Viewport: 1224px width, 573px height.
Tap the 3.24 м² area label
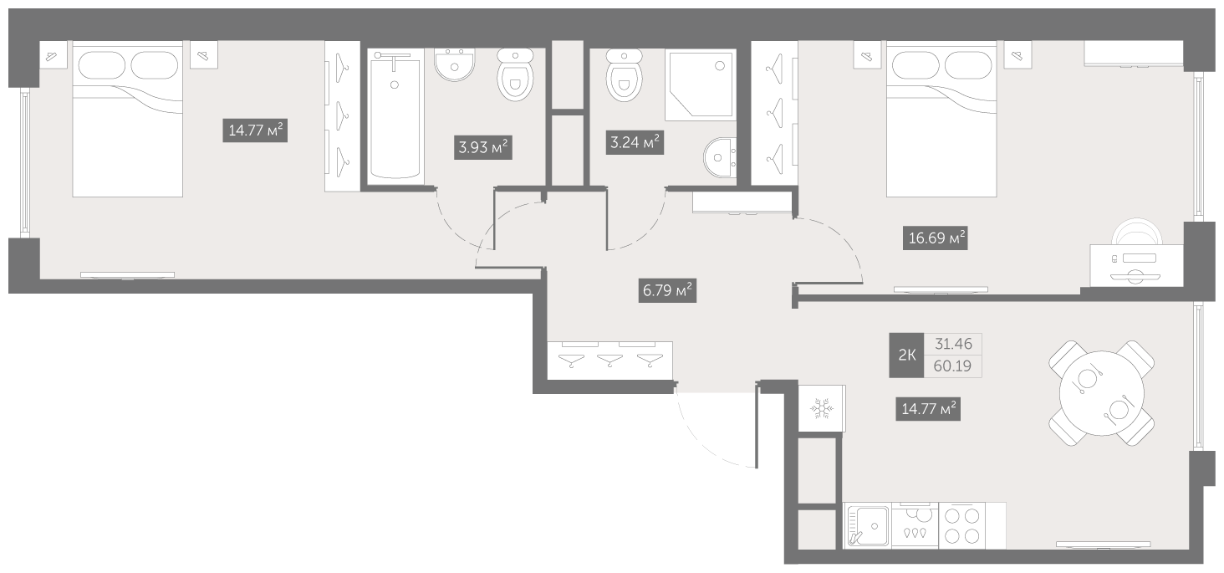(x=635, y=141)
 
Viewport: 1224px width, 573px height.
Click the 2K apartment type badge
(x=906, y=356)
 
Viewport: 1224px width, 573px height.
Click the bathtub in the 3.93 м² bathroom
(x=395, y=115)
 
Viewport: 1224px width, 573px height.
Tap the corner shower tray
(x=699, y=84)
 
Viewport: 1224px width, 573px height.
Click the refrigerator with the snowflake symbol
(x=821, y=408)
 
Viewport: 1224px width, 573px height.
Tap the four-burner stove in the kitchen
(x=961, y=525)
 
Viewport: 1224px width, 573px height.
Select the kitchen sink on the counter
(x=869, y=525)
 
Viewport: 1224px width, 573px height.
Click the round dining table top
(x=1095, y=392)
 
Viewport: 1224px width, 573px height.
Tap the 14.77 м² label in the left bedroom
(x=255, y=130)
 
